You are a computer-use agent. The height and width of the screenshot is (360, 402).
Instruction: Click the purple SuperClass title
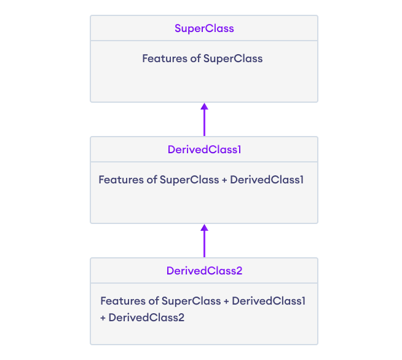[204, 28]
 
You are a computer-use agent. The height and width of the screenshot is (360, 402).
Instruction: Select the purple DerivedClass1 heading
[204, 150]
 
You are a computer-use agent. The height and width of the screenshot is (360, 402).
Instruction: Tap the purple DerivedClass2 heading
[204, 271]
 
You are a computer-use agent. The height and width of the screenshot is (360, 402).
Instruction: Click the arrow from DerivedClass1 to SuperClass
[204, 119]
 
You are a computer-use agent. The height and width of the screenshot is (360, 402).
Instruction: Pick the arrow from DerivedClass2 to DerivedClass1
[204, 241]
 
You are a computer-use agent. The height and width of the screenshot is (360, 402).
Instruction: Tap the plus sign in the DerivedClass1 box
[224, 180]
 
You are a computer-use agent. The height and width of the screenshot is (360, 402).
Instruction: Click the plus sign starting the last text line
[103, 318]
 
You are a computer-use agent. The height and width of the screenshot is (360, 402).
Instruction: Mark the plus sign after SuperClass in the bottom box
[226, 302]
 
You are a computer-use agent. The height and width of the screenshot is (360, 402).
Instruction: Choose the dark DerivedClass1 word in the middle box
[267, 180]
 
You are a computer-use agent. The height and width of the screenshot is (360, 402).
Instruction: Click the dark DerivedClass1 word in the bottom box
[269, 302]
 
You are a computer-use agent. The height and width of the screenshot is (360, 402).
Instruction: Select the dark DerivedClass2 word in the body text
[146, 318]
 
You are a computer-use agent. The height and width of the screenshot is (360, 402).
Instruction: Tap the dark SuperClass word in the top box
[233, 59]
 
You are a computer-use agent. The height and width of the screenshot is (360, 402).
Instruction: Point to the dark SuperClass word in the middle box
[189, 180]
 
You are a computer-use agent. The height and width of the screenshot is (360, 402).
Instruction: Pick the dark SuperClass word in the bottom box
[191, 302]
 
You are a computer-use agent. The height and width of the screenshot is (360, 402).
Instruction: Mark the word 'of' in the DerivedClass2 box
[153, 302]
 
